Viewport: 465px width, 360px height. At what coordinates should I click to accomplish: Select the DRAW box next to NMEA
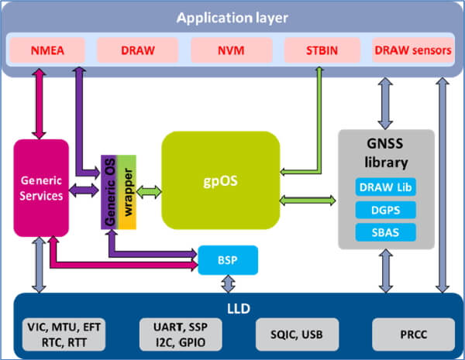point(139,51)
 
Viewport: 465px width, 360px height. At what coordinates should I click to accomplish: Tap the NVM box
point(232,51)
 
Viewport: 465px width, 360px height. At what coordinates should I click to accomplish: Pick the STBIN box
point(321,51)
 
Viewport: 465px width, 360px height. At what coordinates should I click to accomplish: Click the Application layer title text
point(232,17)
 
